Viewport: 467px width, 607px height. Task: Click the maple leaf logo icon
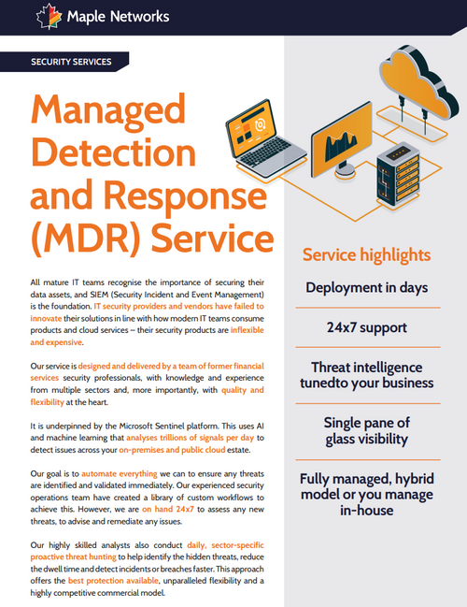[x=46, y=16]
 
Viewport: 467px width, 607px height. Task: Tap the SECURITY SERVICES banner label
[x=71, y=63]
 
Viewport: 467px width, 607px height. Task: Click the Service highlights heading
[x=367, y=254]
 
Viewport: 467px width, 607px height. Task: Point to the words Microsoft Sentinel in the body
[x=177, y=425]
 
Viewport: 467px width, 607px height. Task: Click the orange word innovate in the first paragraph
[x=52, y=318]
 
